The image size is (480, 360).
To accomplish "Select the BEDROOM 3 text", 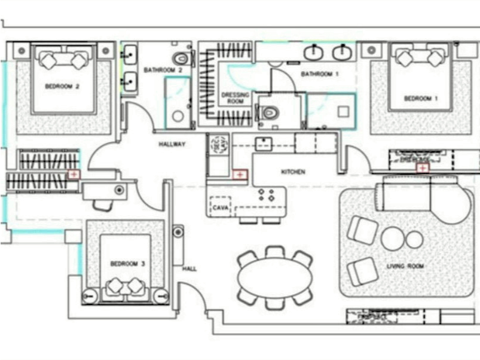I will (x=127, y=263).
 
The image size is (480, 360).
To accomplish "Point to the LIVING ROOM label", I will (x=405, y=266).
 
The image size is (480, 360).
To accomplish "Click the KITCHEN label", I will (x=293, y=172).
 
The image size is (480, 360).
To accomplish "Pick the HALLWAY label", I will (x=172, y=144).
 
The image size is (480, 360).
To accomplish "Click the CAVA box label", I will (x=219, y=208).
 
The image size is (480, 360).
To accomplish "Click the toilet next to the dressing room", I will (x=270, y=112).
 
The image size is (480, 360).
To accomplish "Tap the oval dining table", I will (x=274, y=277).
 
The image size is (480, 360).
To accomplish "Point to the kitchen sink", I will (x=263, y=143).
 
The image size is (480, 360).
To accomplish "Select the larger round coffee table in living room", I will (x=392, y=239).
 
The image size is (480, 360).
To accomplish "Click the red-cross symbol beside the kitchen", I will (x=240, y=175).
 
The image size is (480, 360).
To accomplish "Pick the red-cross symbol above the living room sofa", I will (x=423, y=168).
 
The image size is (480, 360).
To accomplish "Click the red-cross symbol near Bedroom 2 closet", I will (x=74, y=174).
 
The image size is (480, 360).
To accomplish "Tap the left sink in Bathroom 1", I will (x=313, y=53).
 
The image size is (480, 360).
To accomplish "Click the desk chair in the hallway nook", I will (x=102, y=205).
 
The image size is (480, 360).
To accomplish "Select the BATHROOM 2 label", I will (x=158, y=70).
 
